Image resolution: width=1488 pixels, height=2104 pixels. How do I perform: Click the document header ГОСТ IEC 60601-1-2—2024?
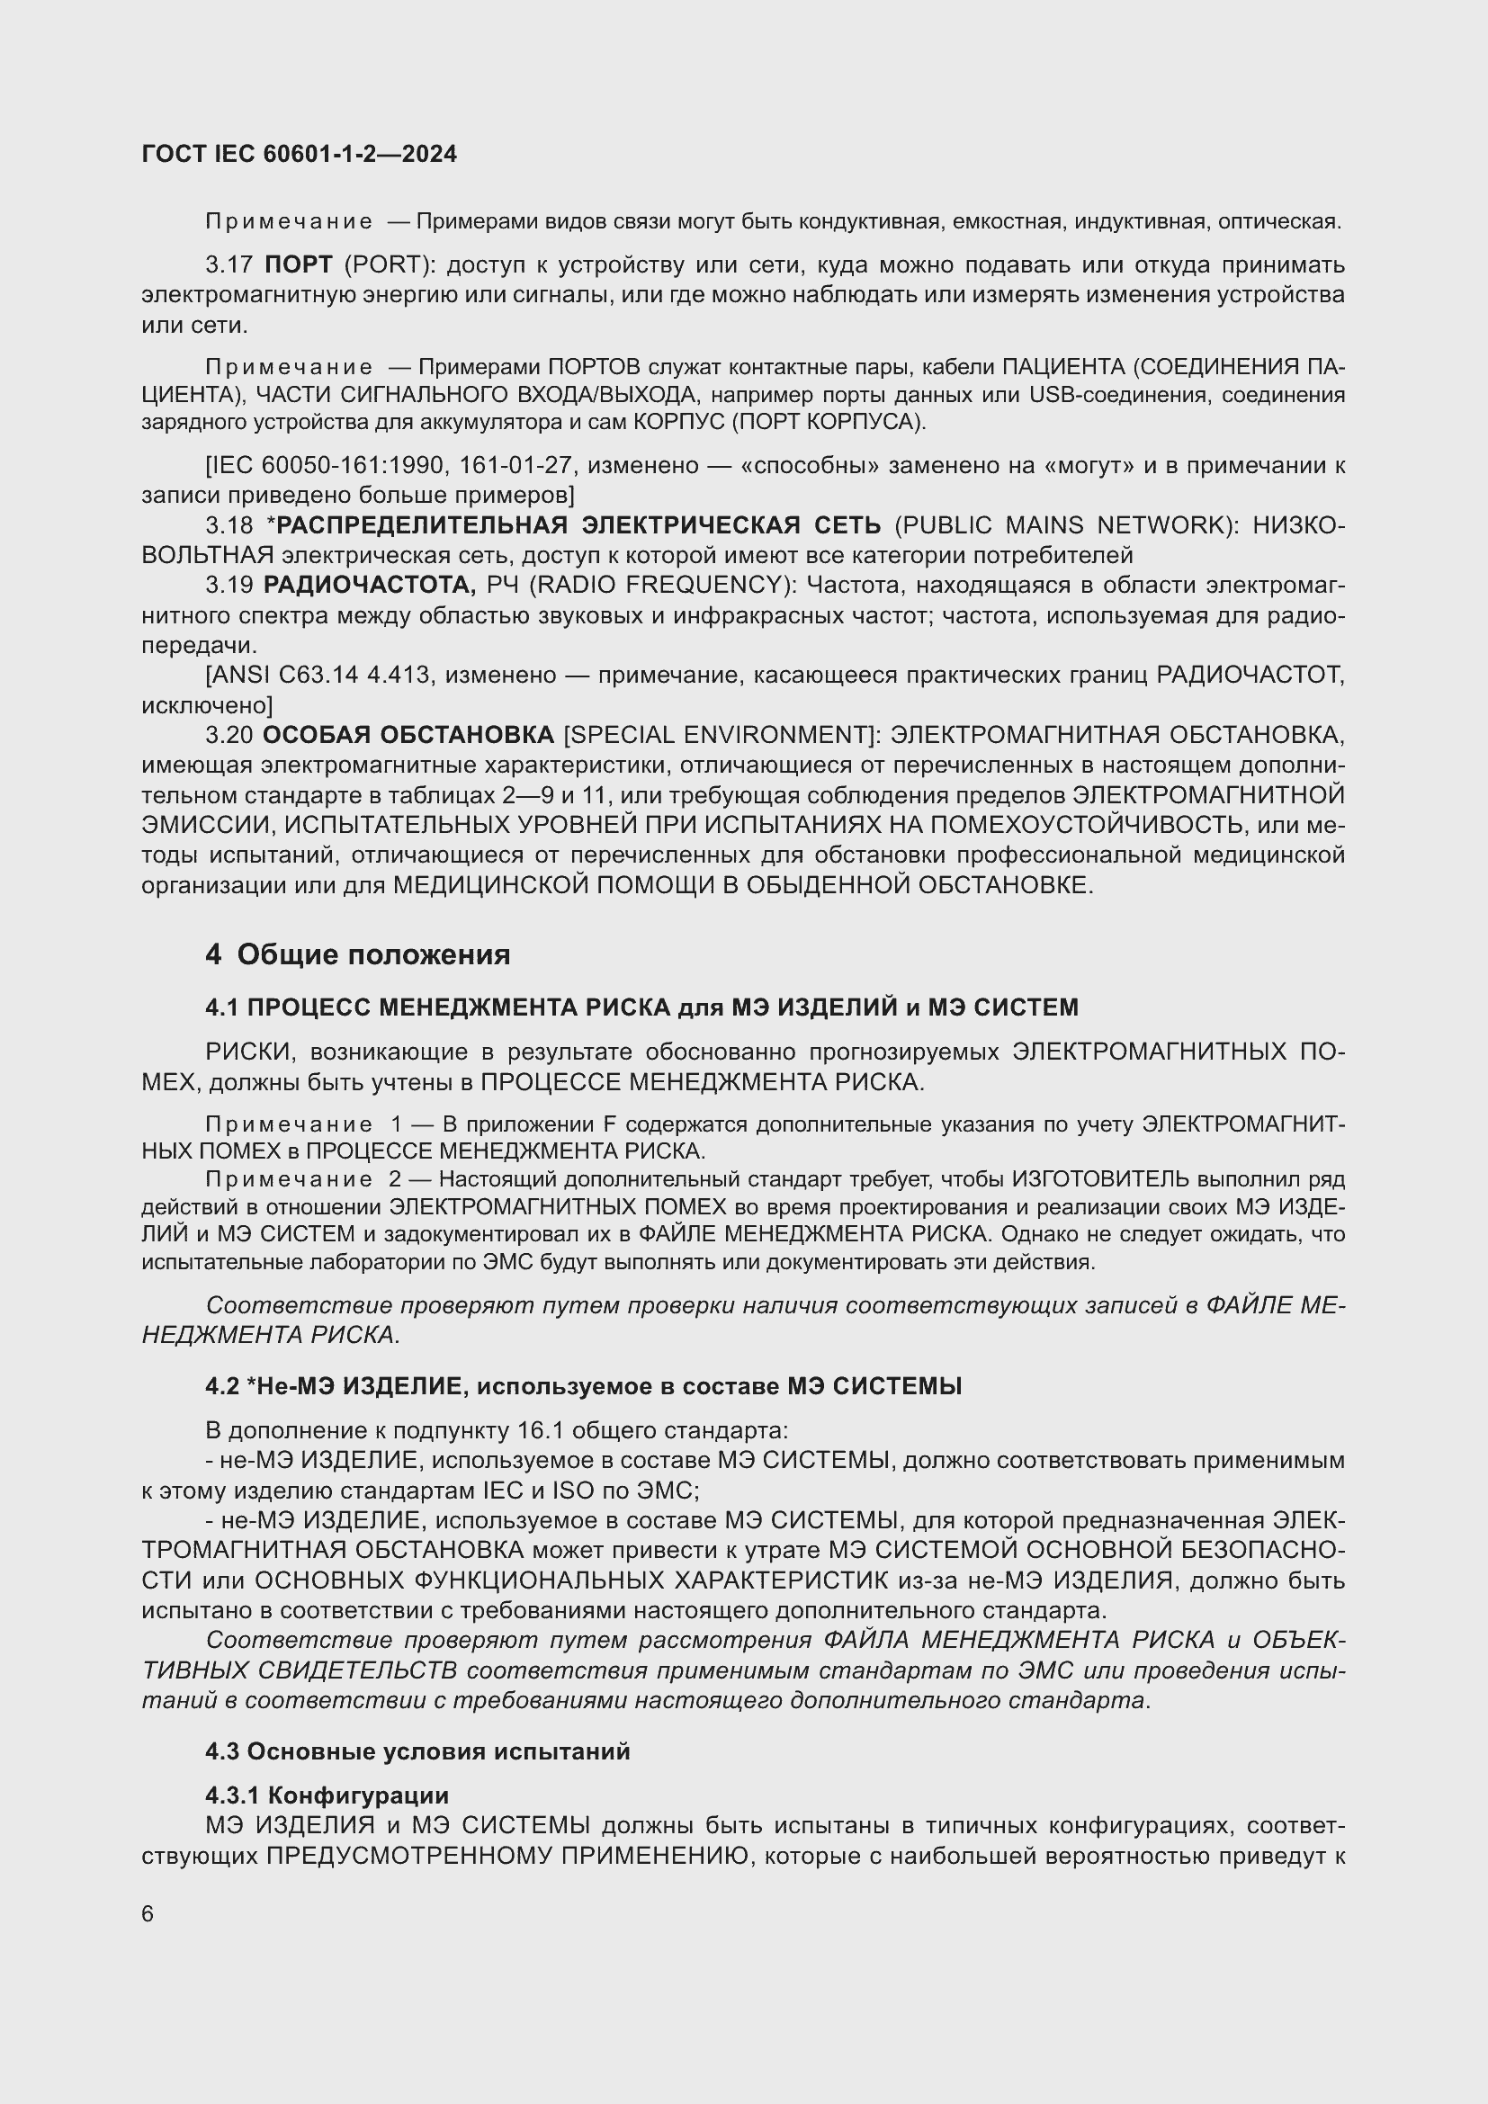299,155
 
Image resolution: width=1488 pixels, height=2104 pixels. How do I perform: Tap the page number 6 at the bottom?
148,1913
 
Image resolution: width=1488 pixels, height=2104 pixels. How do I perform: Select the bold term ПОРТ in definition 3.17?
298,264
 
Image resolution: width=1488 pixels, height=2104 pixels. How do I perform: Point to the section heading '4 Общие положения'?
357,955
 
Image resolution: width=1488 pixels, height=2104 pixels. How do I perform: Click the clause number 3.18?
229,525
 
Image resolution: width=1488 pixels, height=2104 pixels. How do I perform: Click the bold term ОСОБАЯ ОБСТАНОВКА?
408,735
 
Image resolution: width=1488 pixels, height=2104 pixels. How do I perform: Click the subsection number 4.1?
221,1007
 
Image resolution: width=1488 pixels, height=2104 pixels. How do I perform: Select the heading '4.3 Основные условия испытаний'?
417,1751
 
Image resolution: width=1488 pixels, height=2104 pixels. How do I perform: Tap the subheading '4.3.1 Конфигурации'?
327,1795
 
